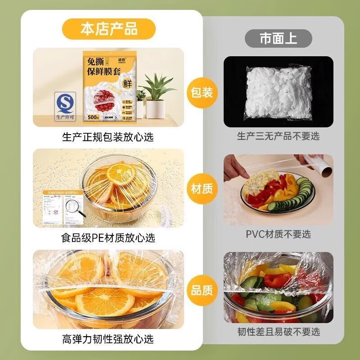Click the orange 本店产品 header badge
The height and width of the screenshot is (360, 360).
(x=109, y=29)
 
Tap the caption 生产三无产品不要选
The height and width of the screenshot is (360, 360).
(x=278, y=136)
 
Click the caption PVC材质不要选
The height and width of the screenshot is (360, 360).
(x=278, y=234)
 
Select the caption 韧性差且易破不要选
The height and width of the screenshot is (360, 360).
(x=278, y=332)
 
